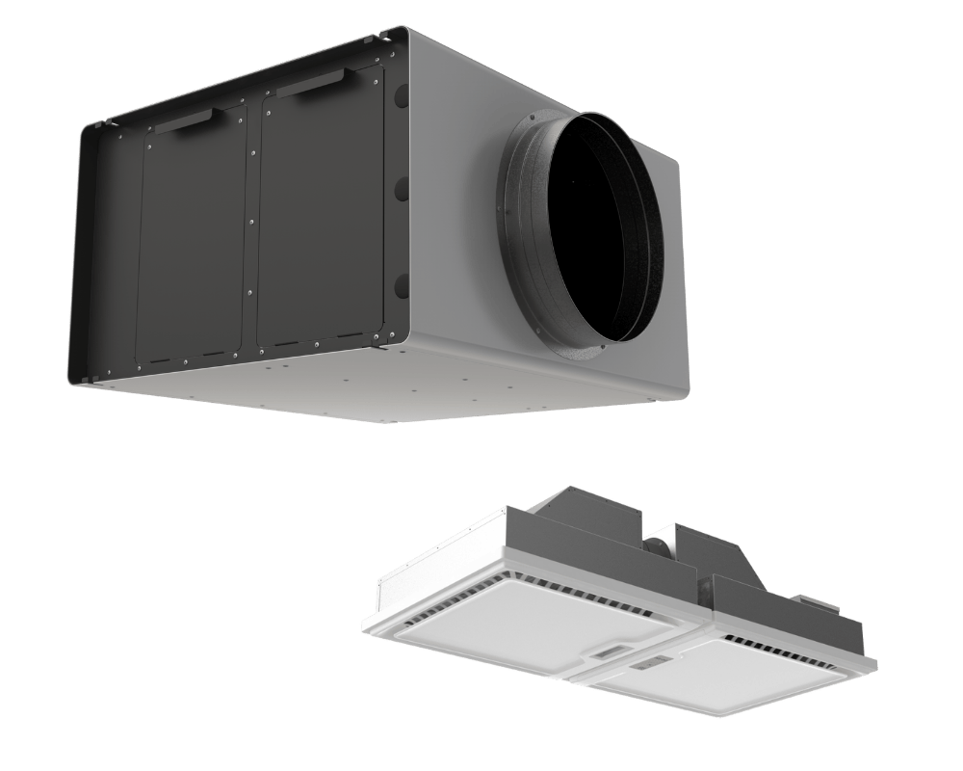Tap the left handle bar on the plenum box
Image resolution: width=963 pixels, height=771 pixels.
(189, 120)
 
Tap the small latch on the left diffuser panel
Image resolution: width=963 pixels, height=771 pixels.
(611, 651)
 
